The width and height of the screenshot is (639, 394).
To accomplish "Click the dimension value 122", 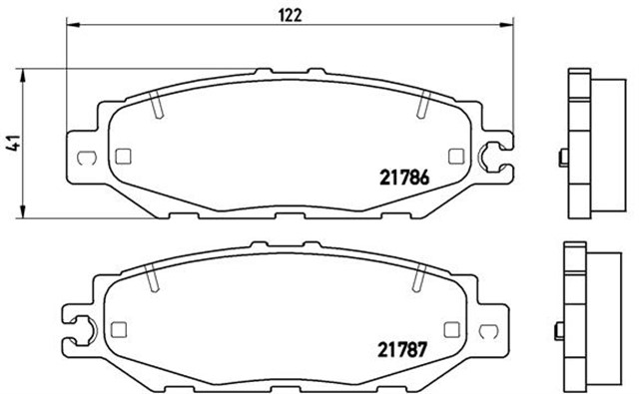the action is [291, 16].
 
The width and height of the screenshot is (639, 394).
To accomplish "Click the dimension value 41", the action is [14, 143].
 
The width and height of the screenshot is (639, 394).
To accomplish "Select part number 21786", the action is [404, 178].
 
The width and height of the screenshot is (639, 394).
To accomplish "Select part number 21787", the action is [402, 350].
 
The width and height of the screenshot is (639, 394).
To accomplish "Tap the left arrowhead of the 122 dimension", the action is [73, 25].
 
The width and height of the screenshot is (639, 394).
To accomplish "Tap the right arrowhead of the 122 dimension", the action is [507, 25].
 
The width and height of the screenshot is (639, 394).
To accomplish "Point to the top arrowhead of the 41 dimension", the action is [23, 75].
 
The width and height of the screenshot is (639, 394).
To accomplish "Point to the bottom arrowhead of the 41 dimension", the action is [23, 211].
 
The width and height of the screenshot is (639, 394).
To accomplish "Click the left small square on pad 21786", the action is [123, 157].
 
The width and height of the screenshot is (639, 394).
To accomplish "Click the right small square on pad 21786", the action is [456, 157].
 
